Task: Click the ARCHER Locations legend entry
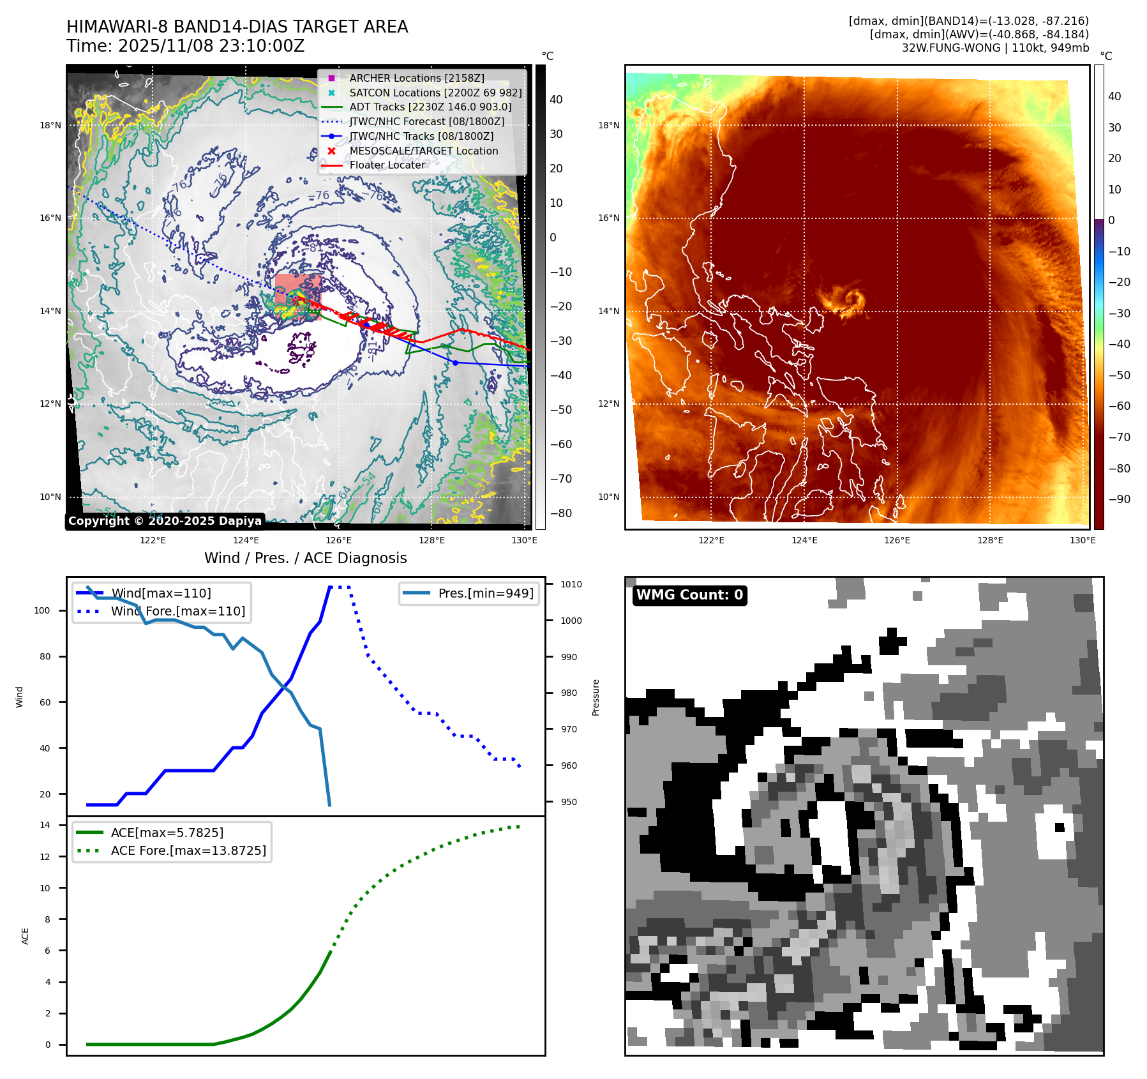(x=416, y=78)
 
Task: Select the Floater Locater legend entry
(x=387, y=165)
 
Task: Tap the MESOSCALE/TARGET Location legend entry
(x=423, y=151)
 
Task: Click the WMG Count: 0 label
(x=689, y=595)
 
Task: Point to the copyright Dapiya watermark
(x=165, y=521)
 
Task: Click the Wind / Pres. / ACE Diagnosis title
(x=305, y=558)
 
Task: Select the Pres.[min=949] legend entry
(x=485, y=593)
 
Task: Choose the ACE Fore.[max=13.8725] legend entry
(x=188, y=850)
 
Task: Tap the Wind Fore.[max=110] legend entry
(x=177, y=611)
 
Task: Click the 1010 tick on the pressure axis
(x=571, y=584)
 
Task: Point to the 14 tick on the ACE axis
(x=45, y=825)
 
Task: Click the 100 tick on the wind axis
(x=41, y=610)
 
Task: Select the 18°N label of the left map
(x=50, y=125)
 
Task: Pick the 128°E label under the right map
(x=989, y=540)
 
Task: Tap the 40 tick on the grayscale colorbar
(x=556, y=100)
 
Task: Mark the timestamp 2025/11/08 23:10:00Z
(x=211, y=46)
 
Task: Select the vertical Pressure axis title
(x=596, y=697)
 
